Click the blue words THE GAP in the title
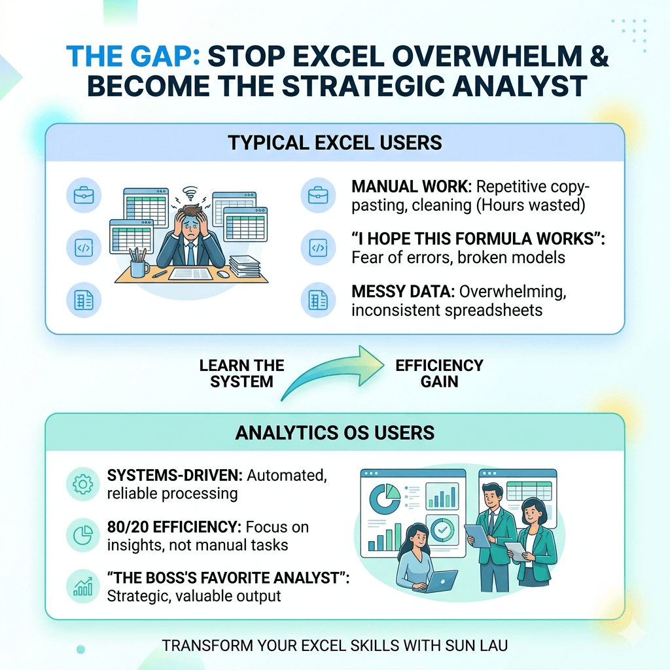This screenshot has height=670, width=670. point(133,56)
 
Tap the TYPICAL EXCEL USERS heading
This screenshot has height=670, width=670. point(335,143)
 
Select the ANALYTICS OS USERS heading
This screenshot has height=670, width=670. point(335,433)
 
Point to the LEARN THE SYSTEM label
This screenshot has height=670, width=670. point(241,374)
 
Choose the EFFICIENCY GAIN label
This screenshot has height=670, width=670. point(439,374)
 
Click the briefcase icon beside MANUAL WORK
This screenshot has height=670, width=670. point(319,195)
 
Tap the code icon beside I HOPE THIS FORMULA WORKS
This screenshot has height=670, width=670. point(319,248)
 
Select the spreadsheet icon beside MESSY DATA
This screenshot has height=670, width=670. point(319,300)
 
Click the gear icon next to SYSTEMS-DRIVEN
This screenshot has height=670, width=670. point(83,484)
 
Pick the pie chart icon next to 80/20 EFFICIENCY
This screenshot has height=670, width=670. point(83,535)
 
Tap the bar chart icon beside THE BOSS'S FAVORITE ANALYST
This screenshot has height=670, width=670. point(83,586)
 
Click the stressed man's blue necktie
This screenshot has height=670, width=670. point(190,255)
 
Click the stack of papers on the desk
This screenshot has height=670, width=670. point(245,266)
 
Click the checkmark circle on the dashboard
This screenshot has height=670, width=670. point(442,530)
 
